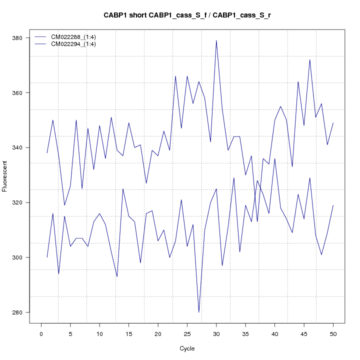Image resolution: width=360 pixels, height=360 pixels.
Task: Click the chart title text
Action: (187, 15)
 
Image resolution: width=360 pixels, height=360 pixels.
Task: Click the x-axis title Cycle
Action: (187, 348)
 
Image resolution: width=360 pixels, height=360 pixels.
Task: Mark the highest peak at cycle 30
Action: (216, 40)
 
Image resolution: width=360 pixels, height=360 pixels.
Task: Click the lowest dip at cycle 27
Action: (199, 312)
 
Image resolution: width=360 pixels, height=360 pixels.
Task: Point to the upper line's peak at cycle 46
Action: (310, 60)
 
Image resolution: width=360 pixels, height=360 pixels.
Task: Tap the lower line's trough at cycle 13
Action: (117, 276)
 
